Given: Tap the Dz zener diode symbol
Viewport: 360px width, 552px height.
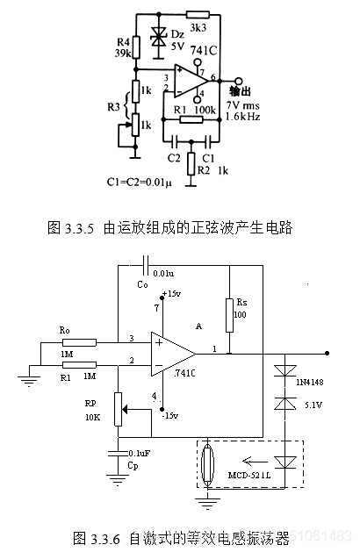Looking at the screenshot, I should (x=159, y=36).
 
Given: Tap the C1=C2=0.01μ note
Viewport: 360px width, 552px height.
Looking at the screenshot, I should (x=139, y=183).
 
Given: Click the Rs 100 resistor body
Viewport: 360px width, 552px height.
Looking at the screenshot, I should (x=228, y=314).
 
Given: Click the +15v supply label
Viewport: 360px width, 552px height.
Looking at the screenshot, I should (x=172, y=293).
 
